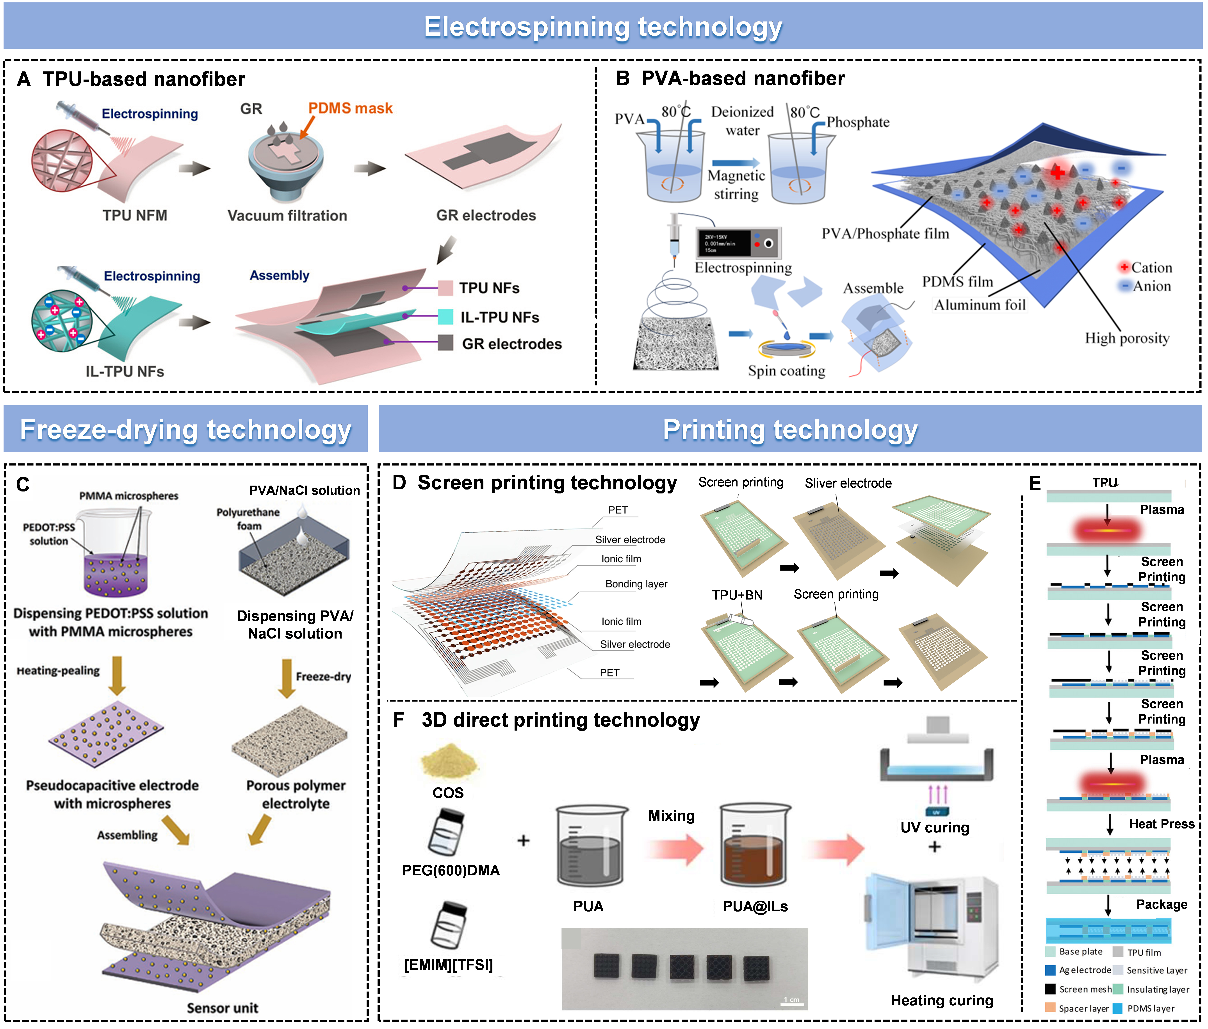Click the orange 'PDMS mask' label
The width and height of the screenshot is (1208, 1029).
(350, 108)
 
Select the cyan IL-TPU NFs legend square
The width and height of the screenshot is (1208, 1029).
(445, 317)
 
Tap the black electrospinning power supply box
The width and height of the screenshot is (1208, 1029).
(738, 243)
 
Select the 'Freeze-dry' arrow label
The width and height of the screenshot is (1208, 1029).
(323, 676)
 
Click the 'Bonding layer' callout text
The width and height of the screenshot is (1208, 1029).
(636, 584)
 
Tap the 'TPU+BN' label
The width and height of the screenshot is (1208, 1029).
(737, 595)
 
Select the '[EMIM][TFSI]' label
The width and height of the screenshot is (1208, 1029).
(448, 965)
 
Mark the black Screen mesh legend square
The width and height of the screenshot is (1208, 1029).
(1051, 989)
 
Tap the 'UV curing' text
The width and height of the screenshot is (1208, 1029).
(935, 827)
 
